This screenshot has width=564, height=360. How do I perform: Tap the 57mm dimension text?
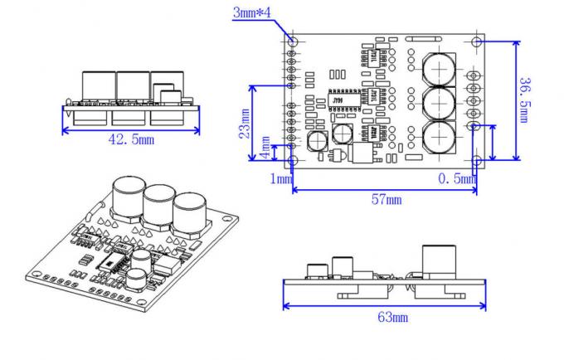(x=385, y=199)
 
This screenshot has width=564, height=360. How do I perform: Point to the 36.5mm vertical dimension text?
(x=524, y=100)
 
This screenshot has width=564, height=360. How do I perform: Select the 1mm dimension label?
(x=281, y=178)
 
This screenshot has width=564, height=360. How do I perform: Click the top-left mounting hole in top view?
(x=293, y=41)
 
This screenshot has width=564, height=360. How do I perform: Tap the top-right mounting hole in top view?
(x=476, y=41)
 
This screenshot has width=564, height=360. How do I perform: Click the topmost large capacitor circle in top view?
(x=437, y=66)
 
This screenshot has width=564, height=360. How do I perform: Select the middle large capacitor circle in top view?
(x=437, y=101)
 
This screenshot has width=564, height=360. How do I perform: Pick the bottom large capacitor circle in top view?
(x=437, y=137)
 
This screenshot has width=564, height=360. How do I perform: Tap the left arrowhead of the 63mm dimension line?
(x=287, y=304)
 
